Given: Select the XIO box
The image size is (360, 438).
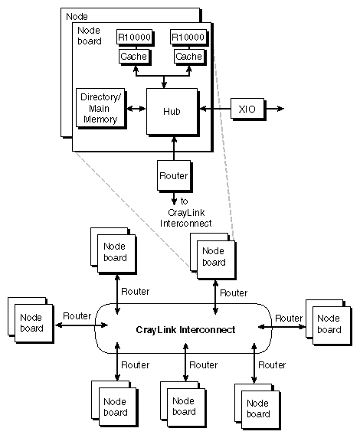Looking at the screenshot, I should coord(247,109).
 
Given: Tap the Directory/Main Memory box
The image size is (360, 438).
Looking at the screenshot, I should coord(100,109).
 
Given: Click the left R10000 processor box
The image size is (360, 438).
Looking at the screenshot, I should coord(134,37).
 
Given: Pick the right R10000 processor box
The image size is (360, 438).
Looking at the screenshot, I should coord(188,37).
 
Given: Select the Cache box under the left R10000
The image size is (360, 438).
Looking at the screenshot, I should coord(134,56).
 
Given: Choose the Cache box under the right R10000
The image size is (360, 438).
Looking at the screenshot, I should coord(188,56).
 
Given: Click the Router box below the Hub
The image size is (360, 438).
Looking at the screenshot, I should coord(173,175).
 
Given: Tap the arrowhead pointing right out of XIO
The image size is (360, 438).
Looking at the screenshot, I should coord(280,109).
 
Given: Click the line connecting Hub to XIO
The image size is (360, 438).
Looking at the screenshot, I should coord(214,109).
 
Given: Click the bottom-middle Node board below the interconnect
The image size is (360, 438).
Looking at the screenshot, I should coord(184,407).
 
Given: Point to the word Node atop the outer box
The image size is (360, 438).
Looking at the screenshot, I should coord(77,16).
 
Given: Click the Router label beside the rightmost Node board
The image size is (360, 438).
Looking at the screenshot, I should coord(289,318).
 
